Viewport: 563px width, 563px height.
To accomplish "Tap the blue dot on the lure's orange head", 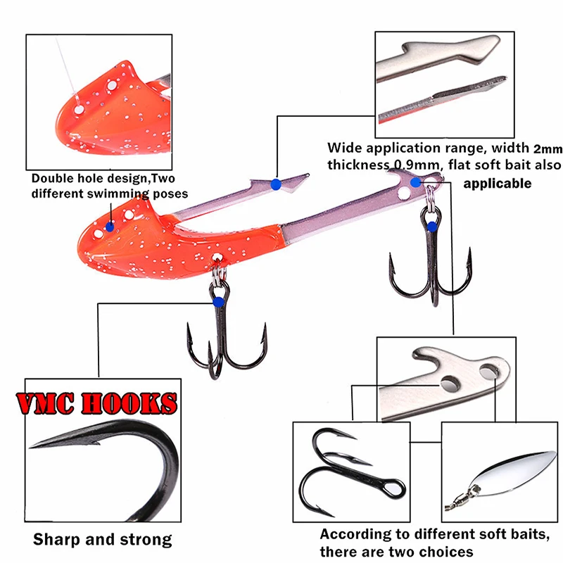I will point(110,226).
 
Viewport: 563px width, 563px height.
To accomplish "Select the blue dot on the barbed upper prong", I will point(275,184).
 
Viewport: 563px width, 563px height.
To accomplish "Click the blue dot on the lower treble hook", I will point(218,302).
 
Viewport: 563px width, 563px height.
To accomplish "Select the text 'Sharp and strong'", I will point(103,540).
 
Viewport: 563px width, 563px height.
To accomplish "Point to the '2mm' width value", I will point(546,148).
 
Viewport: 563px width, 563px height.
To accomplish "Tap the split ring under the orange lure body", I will point(219,270).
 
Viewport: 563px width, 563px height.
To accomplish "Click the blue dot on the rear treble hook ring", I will point(431,226).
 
